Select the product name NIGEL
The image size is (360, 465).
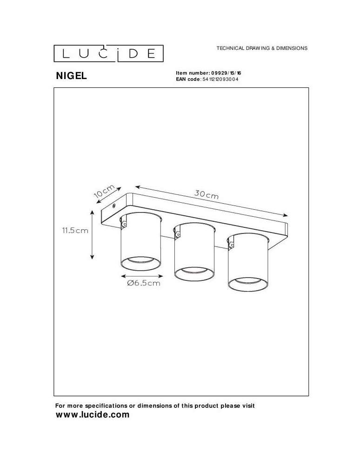pyautogui.click(x=71, y=76)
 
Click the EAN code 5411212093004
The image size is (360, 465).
pyautogui.click(x=219, y=80)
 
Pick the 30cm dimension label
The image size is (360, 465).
pyautogui.click(x=206, y=195)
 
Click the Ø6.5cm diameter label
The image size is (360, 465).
pyautogui.click(x=143, y=283)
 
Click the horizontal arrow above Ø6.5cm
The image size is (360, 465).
pyautogui.click(x=140, y=274)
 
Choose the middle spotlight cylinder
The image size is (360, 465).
pyautogui.click(x=194, y=251)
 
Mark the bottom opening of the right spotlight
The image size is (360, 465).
pyautogui.click(x=247, y=282)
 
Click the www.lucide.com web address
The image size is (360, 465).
pyautogui.click(x=92, y=415)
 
